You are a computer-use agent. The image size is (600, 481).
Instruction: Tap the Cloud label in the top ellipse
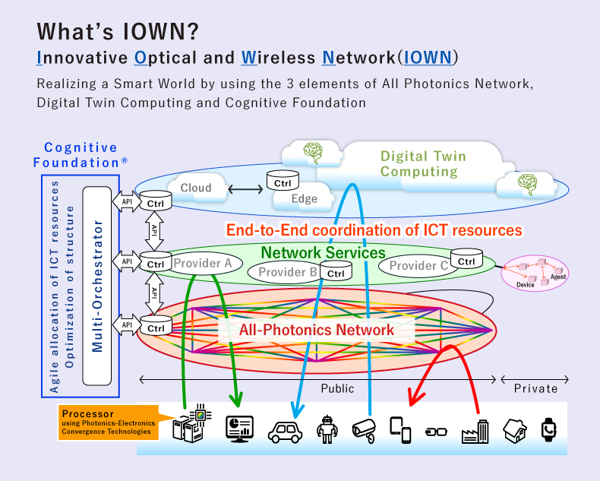click(196, 188)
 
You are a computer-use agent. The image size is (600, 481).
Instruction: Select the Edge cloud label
click(305, 199)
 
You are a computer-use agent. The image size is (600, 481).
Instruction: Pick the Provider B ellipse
click(287, 272)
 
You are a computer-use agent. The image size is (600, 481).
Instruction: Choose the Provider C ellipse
click(418, 265)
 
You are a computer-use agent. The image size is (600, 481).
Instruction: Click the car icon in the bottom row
click(286, 432)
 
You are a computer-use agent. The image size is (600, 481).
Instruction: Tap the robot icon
click(327, 429)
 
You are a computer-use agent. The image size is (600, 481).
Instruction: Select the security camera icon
click(364, 430)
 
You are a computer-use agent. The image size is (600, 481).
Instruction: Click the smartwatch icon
click(548, 430)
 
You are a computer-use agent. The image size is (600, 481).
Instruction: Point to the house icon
click(514, 430)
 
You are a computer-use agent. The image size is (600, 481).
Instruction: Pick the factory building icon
click(476, 431)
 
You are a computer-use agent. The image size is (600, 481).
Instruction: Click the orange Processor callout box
click(106, 423)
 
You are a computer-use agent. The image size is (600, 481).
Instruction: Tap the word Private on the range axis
click(535, 388)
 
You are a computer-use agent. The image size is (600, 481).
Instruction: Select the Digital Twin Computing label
click(423, 164)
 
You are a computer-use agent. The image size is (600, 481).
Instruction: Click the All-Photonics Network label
click(317, 330)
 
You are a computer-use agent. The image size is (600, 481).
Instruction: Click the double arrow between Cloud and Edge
click(245, 188)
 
